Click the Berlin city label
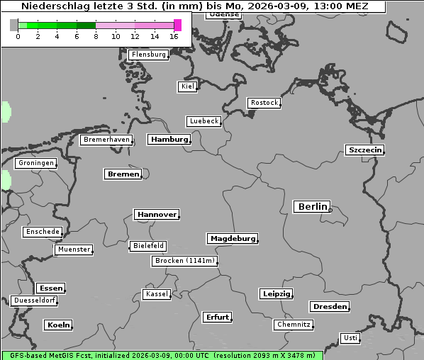[312, 207]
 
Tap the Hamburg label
[169, 140]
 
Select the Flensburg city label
[148, 55]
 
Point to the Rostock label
[264, 103]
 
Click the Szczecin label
[364, 150]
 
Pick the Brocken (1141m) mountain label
[183, 261]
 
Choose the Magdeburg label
[232, 239]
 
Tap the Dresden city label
[329, 307]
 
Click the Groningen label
[35, 164]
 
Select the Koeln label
[58, 325]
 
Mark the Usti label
[350, 338]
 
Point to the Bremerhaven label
[106, 140]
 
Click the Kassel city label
[156, 294]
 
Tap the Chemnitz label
[293, 325]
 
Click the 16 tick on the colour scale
[174, 36]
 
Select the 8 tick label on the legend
[96, 36]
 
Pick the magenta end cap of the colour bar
[177, 26]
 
